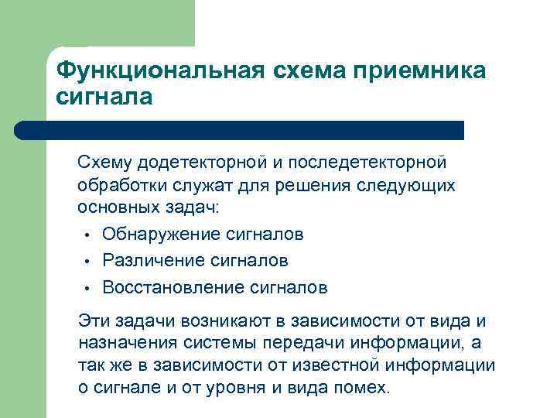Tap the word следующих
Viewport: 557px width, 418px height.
click(x=411, y=186)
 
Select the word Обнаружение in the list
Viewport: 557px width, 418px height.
click(x=162, y=235)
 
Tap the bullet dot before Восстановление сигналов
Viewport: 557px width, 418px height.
click(x=89, y=289)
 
